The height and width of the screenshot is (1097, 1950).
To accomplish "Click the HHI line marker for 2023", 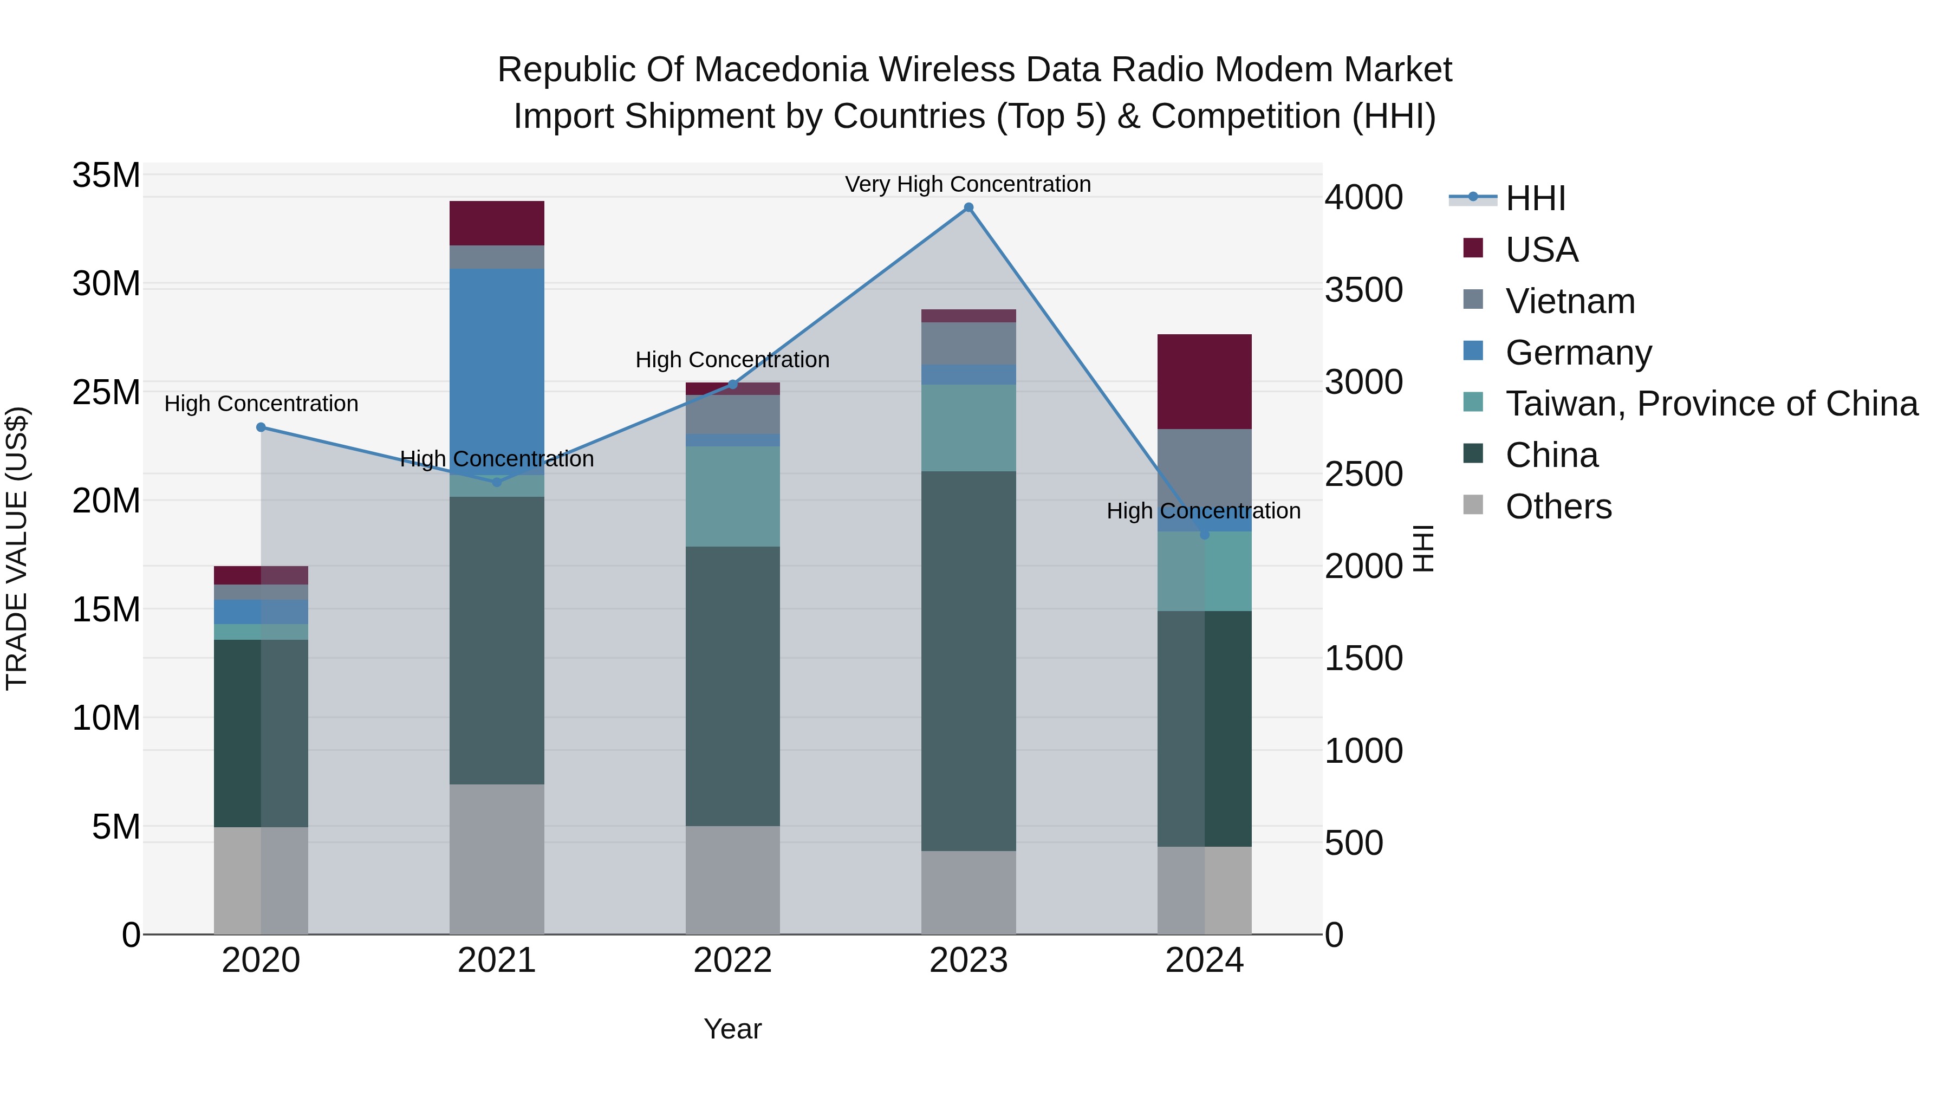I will [968, 207].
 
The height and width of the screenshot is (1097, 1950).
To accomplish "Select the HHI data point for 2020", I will [261, 427].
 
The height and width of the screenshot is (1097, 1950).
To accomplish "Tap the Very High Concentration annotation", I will [967, 184].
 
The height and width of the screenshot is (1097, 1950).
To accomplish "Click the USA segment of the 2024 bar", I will [1204, 381].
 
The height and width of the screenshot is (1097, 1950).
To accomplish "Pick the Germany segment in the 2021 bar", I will [497, 363].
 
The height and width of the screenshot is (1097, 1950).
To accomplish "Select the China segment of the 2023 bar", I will [968, 660].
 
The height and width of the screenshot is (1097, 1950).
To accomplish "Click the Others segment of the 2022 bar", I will [732, 879].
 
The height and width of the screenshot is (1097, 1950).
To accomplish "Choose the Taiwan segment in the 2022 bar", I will [732, 496].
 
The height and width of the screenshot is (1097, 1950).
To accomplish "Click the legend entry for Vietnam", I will [1570, 301].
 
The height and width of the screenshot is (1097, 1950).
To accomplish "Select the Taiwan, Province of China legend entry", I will [1711, 404].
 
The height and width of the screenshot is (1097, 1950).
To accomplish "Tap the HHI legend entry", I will [1535, 198].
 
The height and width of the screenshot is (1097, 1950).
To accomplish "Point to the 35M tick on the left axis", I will [106, 176].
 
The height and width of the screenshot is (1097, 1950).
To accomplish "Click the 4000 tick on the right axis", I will [1363, 198].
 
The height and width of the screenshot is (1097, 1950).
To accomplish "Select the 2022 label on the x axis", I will [732, 960].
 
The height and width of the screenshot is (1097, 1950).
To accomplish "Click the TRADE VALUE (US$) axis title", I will [17, 548].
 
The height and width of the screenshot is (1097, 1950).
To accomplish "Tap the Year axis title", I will [732, 1029].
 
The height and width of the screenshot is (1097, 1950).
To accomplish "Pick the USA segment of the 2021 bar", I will [497, 223].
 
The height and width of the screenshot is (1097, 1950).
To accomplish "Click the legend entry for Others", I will [1558, 507].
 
